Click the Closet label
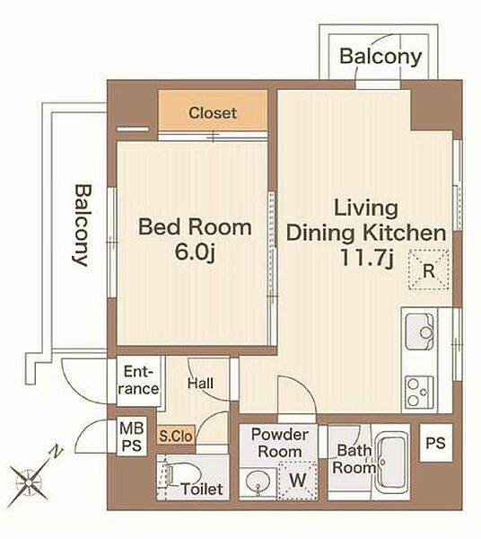coord(213,113)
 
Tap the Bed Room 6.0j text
coord(195,240)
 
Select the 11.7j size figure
coord(366,258)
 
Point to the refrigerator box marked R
coord(429,269)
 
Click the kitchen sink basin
coord(420,331)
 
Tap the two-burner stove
coord(419,393)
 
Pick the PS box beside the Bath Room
coord(436,443)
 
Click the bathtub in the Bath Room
coord(391,463)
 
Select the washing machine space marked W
coord(298,480)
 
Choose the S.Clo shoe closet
coord(176,436)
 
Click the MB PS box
coord(132,437)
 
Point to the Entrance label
coord(140,380)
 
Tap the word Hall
coord(200,383)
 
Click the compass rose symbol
coord(28,483)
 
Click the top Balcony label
coord(380,57)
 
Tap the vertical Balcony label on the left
coord(83,225)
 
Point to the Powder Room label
coord(279,443)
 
